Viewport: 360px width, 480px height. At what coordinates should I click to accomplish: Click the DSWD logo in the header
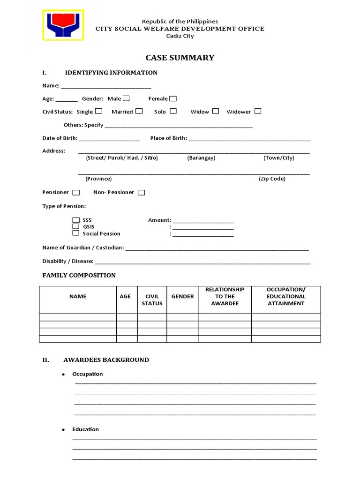(x=63, y=25)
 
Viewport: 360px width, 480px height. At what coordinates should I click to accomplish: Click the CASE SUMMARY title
(x=180, y=58)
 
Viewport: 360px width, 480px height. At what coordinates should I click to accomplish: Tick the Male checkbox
(x=126, y=98)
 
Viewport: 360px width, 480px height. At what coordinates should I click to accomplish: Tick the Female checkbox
(x=173, y=98)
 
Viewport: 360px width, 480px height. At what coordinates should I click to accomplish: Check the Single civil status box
(x=98, y=111)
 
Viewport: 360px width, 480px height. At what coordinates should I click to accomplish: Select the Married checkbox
(x=139, y=111)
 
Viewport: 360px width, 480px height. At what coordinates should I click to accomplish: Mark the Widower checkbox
(x=258, y=111)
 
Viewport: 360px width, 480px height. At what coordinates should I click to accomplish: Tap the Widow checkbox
(x=216, y=111)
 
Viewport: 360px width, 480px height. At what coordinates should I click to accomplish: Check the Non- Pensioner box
(x=141, y=192)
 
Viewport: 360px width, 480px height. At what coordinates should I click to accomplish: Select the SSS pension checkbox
(x=76, y=220)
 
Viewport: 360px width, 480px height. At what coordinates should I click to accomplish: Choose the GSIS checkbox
(x=76, y=226)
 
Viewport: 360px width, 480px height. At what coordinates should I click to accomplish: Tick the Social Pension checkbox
(x=76, y=233)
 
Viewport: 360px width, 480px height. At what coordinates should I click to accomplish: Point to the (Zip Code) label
(x=272, y=179)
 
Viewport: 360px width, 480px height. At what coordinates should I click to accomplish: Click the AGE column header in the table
(x=125, y=296)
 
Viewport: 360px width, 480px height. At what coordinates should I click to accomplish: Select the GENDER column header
(x=182, y=296)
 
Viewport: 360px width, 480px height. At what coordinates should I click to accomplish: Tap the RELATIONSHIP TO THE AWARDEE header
(x=225, y=296)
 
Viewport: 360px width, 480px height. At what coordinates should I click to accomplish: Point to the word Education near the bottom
(x=85, y=429)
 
